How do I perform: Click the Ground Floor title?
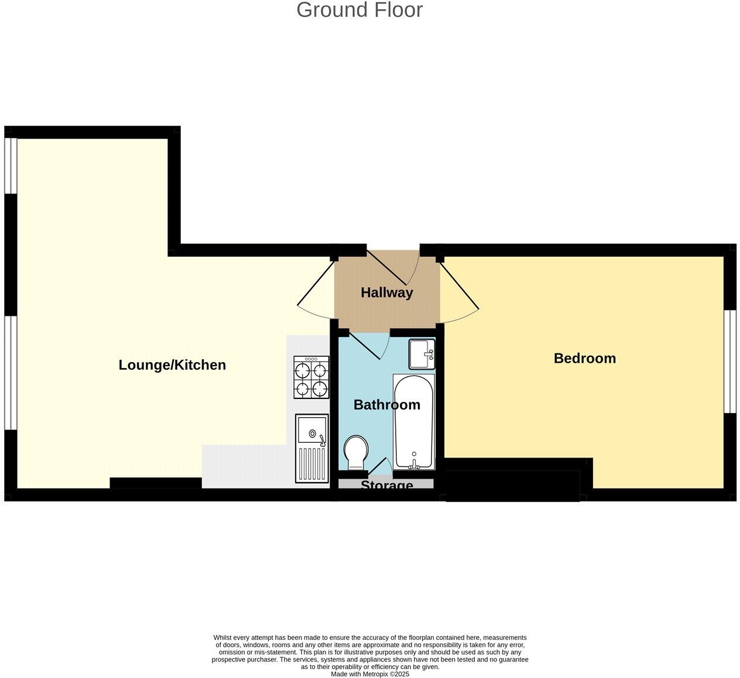click(x=359, y=10)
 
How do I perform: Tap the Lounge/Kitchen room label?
click(x=172, y=365)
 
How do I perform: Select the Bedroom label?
click(x=585, y=358)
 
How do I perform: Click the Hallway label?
click(x=386, y=292)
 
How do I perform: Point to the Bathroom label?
click(x=386, y=405)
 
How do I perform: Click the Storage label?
click(x=386, y=486)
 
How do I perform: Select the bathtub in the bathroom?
click(x=414, y=421)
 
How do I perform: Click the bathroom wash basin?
click(x=422, y=354)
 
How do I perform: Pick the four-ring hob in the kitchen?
click(x=311, y=378)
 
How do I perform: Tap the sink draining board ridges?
click(x=312, y=463)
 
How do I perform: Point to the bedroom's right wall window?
click(x=729, y=362)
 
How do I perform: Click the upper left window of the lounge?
click(x=11, y=166)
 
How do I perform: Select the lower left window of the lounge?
click(x=11, y=373)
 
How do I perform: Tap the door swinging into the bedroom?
click(x=460, y=288)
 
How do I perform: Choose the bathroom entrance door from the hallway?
click(x=366, y=345)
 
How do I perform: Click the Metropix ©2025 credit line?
click(x=370, y=674)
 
